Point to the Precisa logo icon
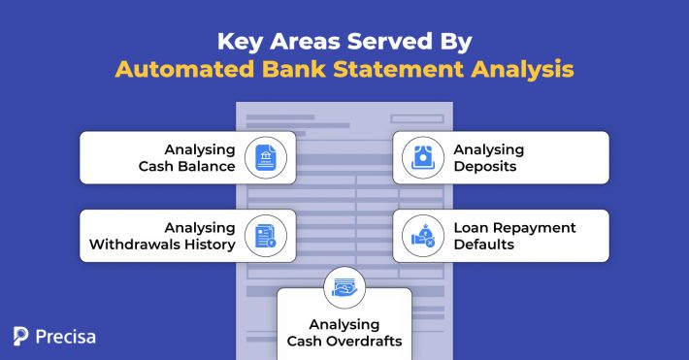(x=21, y=336)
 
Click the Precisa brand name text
(x=65, y=337)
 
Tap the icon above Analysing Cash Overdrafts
(x=344, y=287)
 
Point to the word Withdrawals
(x=133, y=245)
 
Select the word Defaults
(x=483, y=245)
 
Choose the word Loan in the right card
(x=470, y=227)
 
